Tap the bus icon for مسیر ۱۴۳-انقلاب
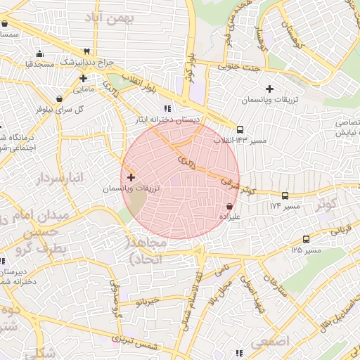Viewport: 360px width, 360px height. coord(240,129)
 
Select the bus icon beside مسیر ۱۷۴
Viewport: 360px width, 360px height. coord(285,196)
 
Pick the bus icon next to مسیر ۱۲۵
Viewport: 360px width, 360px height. coord(305,239)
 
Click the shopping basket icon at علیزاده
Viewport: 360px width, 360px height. coord(230,206)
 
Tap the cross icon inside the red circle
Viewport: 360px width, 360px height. coord(131,177)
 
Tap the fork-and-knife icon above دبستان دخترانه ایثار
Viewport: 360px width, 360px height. coord(167,108)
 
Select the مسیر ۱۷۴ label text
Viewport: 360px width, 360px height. coord(285,207)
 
